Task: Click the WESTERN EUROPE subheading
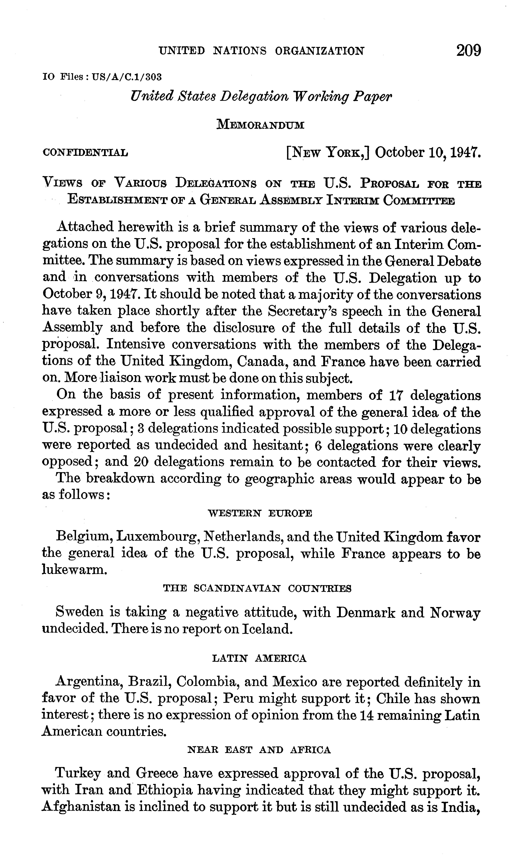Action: coord(260,513)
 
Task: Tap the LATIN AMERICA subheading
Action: coord(259,659)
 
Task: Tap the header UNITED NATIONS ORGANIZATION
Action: coord(261,51)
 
